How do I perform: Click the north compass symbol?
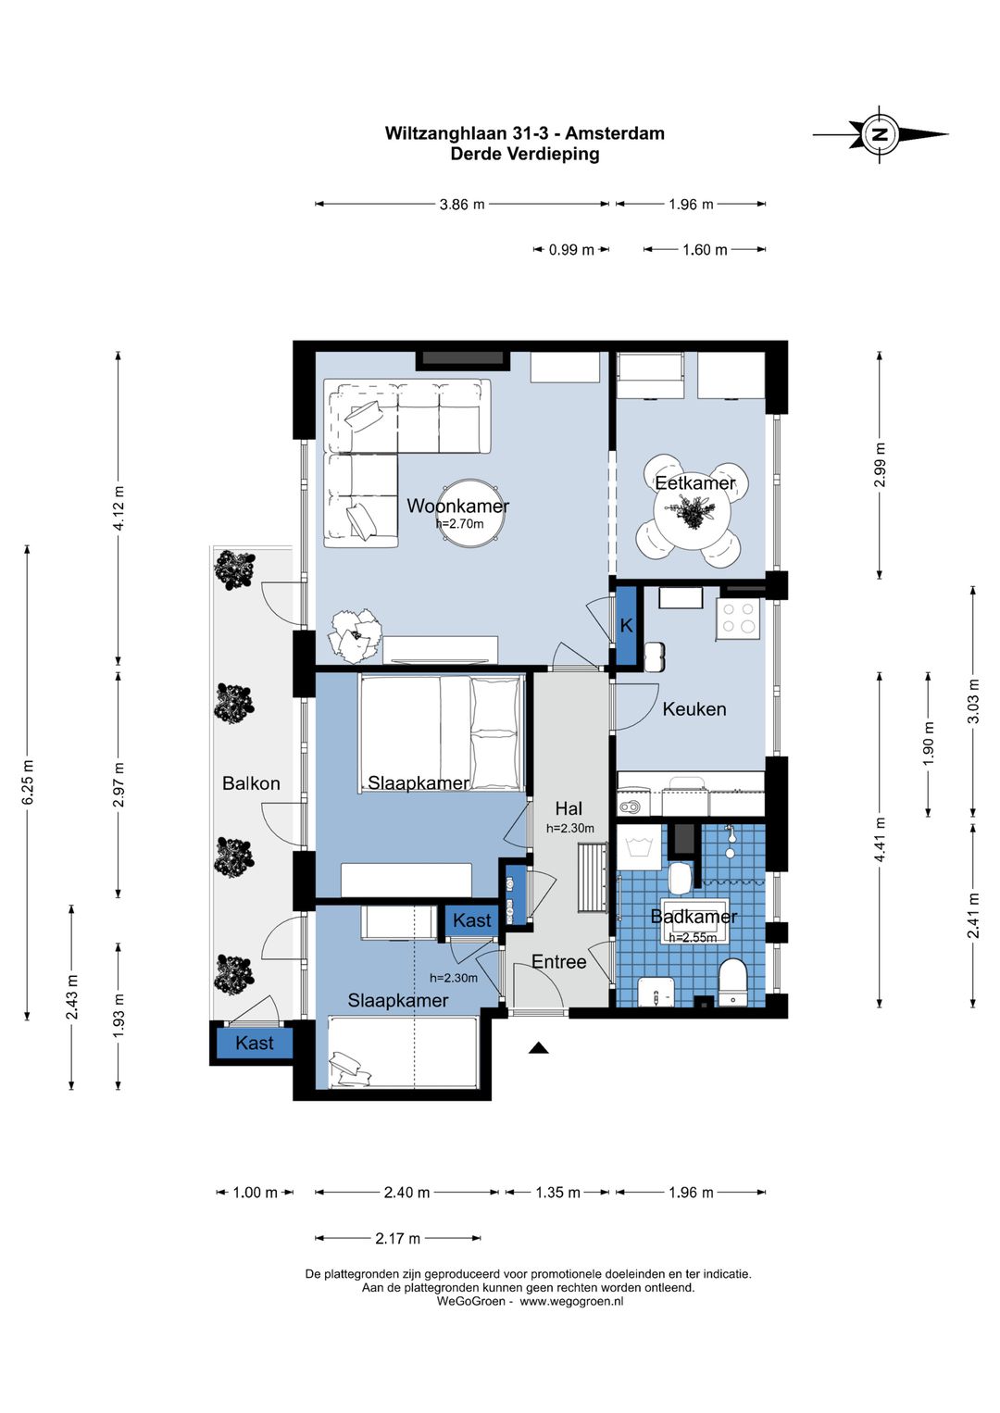[881, 133]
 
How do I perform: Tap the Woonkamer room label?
[457, 506]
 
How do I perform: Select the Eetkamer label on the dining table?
[695, 483]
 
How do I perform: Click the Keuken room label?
[694, 709]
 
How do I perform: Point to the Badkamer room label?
[694, 917]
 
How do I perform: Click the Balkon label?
[251, 783]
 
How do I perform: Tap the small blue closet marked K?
[627, 625]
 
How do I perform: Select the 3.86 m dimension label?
[462, 205]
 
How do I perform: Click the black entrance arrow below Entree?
[538, 1048]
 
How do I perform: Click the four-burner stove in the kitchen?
[738, 619]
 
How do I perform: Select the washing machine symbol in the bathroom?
[641, 846]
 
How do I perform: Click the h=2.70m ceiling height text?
[460, 523]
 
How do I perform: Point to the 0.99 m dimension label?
[571, 250]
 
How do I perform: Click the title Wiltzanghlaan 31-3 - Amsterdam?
[525, 133]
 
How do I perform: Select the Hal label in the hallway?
[569, 808]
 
